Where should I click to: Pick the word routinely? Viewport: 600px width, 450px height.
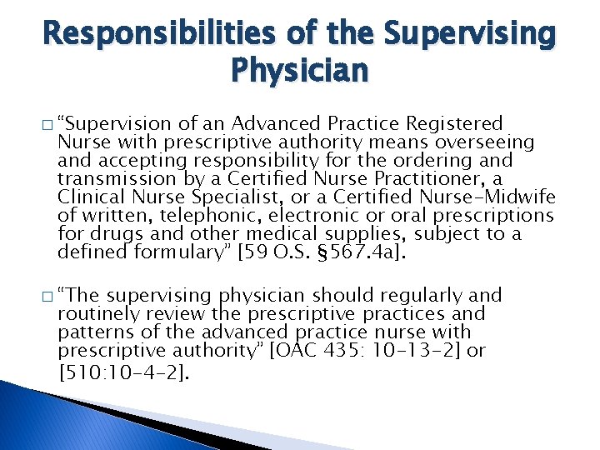coord(92,314)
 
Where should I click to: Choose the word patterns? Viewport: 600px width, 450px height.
coord(92,332)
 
